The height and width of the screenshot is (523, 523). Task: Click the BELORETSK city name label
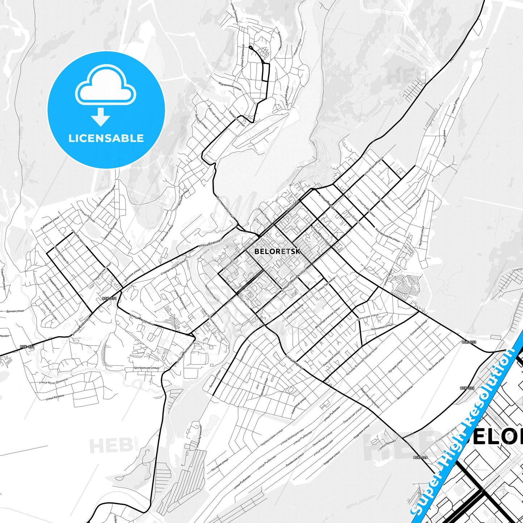tap(277, 251)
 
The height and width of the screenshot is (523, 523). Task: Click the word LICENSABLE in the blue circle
tap(106, 138)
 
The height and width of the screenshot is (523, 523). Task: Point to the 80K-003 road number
tap(469, 342)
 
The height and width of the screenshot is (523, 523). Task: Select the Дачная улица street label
tap(15, 311)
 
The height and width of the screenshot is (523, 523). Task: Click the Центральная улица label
tap(146, 368)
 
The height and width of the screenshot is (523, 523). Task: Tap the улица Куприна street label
tap(55, 397)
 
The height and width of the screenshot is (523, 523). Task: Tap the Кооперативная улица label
tap(388, 235)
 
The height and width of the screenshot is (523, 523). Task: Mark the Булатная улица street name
tap(422, 237)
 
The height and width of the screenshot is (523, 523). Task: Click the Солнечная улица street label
tap(419, 329)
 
